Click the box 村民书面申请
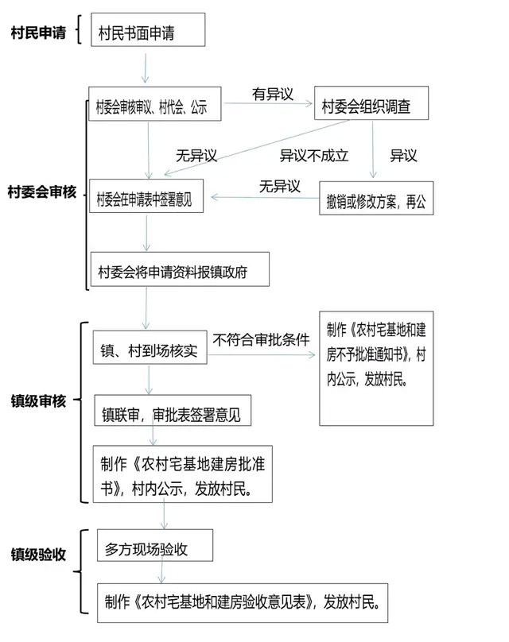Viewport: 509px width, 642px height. [x=148, y=29]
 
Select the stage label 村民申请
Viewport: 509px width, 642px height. [x=38, y=33]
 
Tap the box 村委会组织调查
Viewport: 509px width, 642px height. [x=371, y=102]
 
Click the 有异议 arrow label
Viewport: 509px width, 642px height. [x=273, y=95]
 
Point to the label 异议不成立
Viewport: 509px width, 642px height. [x=314, y=156]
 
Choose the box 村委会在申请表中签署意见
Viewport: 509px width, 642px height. [x=146, y=195]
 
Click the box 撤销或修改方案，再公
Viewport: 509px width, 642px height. [x=376, y=198]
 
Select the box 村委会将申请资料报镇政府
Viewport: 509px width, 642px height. [x=180, y=269]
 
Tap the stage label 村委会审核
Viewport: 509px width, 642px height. [x=42, y=191]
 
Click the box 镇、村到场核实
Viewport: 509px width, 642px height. [x=150, y=347]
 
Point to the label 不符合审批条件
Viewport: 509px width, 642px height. [x=261, y=339]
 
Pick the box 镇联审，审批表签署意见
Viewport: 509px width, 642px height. [x=173, y=410]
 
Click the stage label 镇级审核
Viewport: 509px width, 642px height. [x=38, y=400]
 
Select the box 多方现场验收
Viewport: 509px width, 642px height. [x=155, y=545]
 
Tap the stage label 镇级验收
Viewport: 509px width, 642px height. [x=38, y=555]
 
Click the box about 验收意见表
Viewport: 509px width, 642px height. [x=243, y=603]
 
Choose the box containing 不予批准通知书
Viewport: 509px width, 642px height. [x=376, y=369]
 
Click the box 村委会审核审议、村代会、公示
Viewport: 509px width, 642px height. [x=155, y=103]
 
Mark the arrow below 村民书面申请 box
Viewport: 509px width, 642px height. [x=145, y=68]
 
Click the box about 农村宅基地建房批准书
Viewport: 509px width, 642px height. [x=183, y=474]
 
